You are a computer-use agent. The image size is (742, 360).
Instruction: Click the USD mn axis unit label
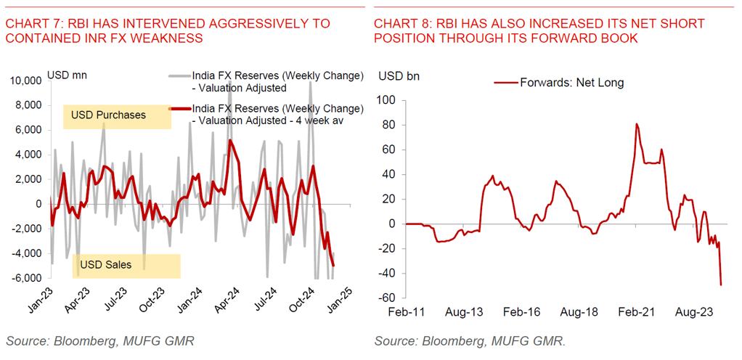coord(67,74)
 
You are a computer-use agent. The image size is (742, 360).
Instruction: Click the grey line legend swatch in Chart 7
coord(179,75)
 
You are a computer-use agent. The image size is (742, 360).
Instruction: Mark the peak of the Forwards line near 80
coord(637,124)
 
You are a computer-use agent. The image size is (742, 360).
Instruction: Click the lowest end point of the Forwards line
coord(721,285)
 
